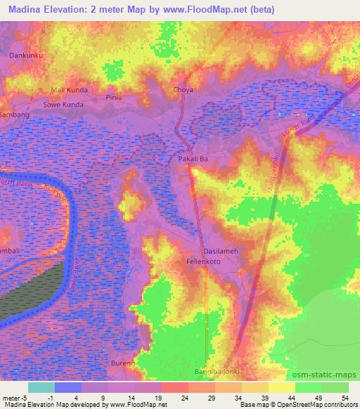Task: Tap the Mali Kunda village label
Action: click(65, 91)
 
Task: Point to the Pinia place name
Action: click(114, 98)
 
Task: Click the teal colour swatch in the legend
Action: click(41, 387)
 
